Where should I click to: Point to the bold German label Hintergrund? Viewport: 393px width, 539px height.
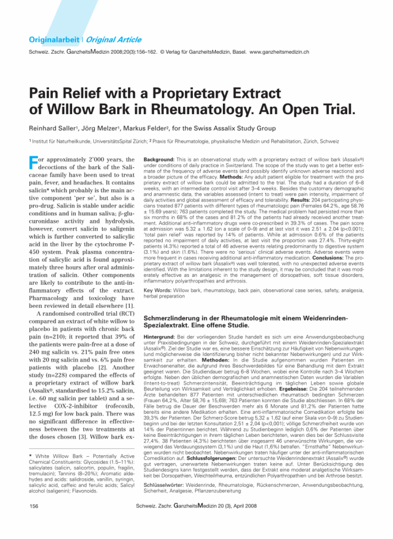pyautogui.click(x=160, y=336)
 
